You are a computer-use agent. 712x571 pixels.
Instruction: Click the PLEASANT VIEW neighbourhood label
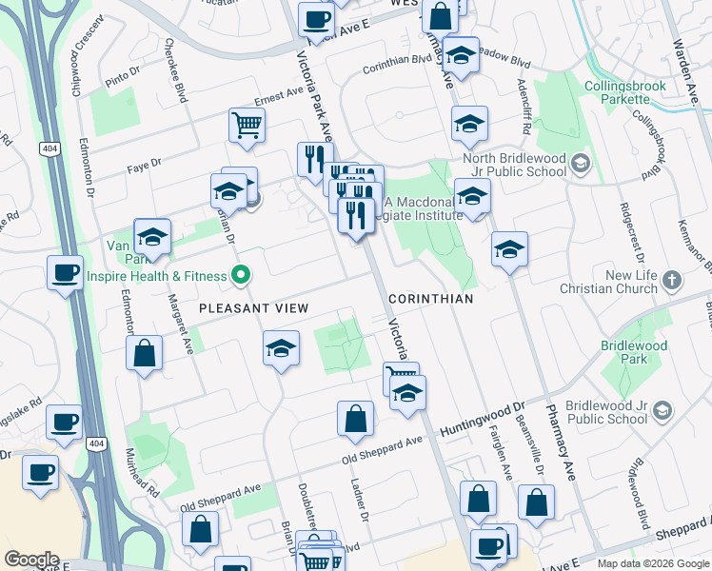pos(253,307)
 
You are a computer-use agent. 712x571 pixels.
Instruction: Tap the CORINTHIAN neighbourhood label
pos(431,298)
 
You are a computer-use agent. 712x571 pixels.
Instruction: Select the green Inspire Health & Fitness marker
pos(242,276)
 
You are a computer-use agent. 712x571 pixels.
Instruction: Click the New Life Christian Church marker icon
pos(672,280)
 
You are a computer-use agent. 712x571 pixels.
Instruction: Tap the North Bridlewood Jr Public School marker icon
pos(579,165)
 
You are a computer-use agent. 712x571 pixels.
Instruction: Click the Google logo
pos(31,560)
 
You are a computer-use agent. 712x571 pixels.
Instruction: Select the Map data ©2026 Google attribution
pos(653,563)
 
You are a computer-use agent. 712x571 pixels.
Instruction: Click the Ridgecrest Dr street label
pos(631,233)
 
